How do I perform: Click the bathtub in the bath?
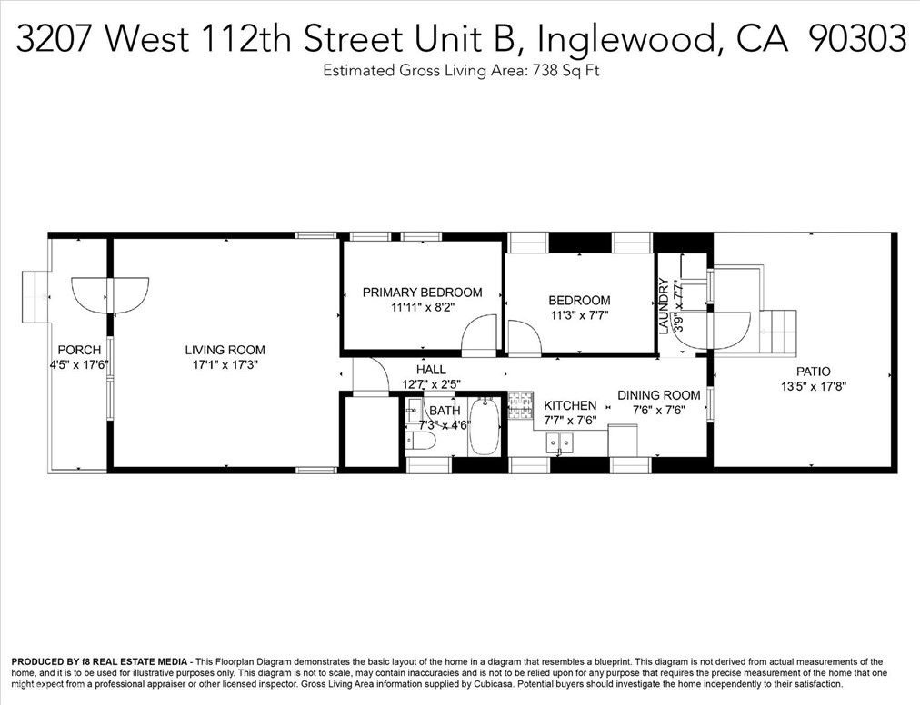485,427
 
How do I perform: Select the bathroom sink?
415,406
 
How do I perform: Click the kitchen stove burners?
520,404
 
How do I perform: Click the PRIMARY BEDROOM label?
422,293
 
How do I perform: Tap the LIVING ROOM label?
225,350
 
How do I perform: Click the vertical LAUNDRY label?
664,305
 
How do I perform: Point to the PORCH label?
78,350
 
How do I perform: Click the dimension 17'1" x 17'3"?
225,366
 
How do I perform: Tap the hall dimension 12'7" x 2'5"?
431,385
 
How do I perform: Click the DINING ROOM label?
659,395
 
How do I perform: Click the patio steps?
778,332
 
